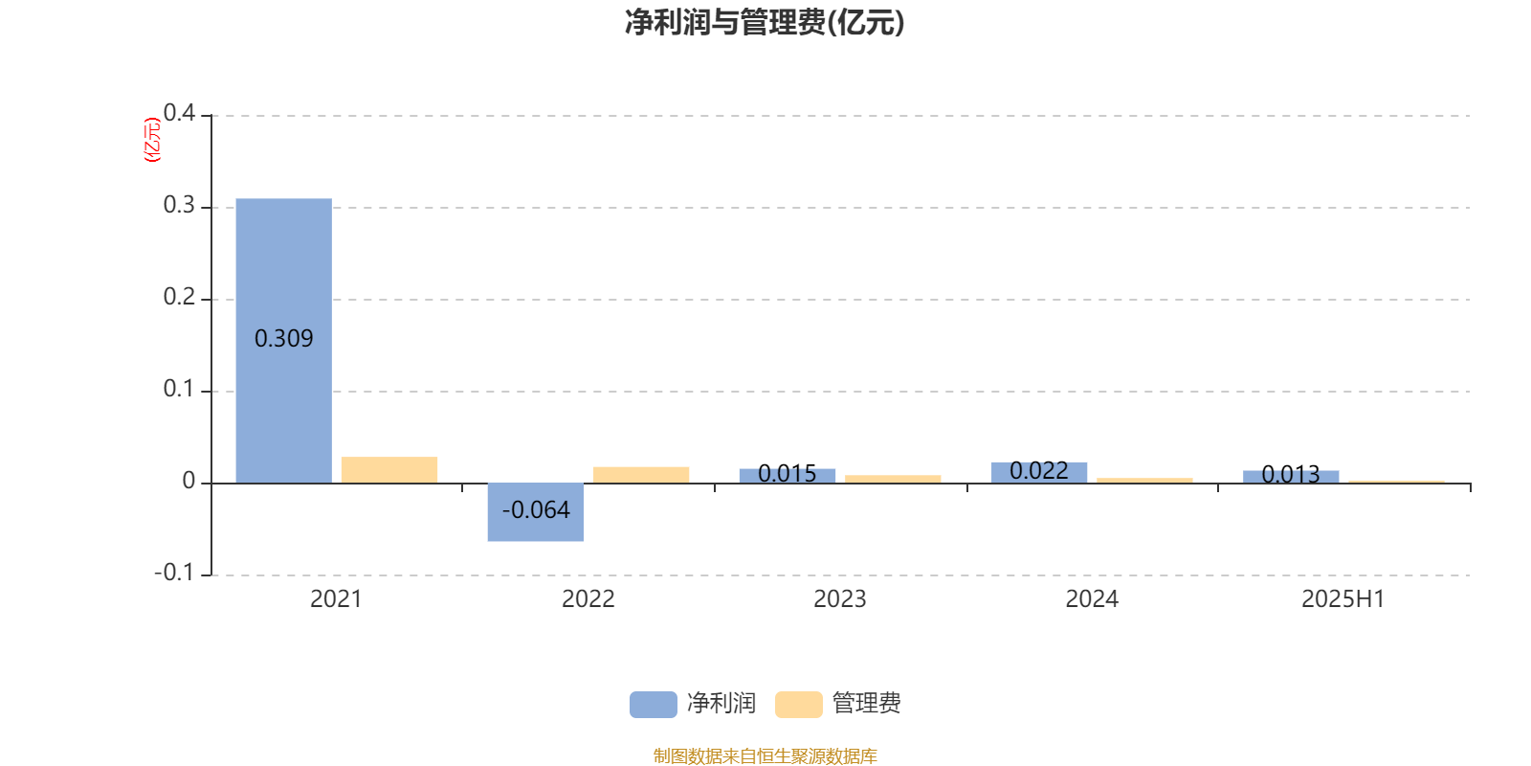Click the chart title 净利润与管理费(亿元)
765,23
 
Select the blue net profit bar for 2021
283,341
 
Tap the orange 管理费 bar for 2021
388,470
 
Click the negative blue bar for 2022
536,512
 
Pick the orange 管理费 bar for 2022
641,475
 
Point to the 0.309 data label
283,339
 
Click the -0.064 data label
536,510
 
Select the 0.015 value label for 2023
788,473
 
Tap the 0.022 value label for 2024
1039,470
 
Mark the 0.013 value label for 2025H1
1291,475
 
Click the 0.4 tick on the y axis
179,113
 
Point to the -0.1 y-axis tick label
174,573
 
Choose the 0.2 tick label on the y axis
179,297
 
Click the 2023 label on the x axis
840,599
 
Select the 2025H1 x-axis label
1343,599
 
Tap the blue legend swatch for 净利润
654,705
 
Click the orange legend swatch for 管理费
798,705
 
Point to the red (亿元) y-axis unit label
152,140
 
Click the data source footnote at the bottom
765,755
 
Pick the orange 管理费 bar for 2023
893,480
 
